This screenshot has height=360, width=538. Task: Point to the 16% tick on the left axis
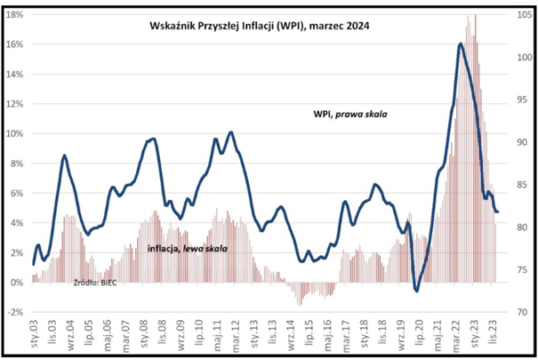click(15, 44)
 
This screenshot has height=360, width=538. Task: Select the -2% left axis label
click(15, 313)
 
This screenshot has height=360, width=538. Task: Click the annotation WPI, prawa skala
click(351, 114)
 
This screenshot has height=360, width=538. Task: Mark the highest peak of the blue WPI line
click(460, 44)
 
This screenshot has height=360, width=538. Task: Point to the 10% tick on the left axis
click(15, 134)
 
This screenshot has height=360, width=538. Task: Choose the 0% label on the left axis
click(18, 283)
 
